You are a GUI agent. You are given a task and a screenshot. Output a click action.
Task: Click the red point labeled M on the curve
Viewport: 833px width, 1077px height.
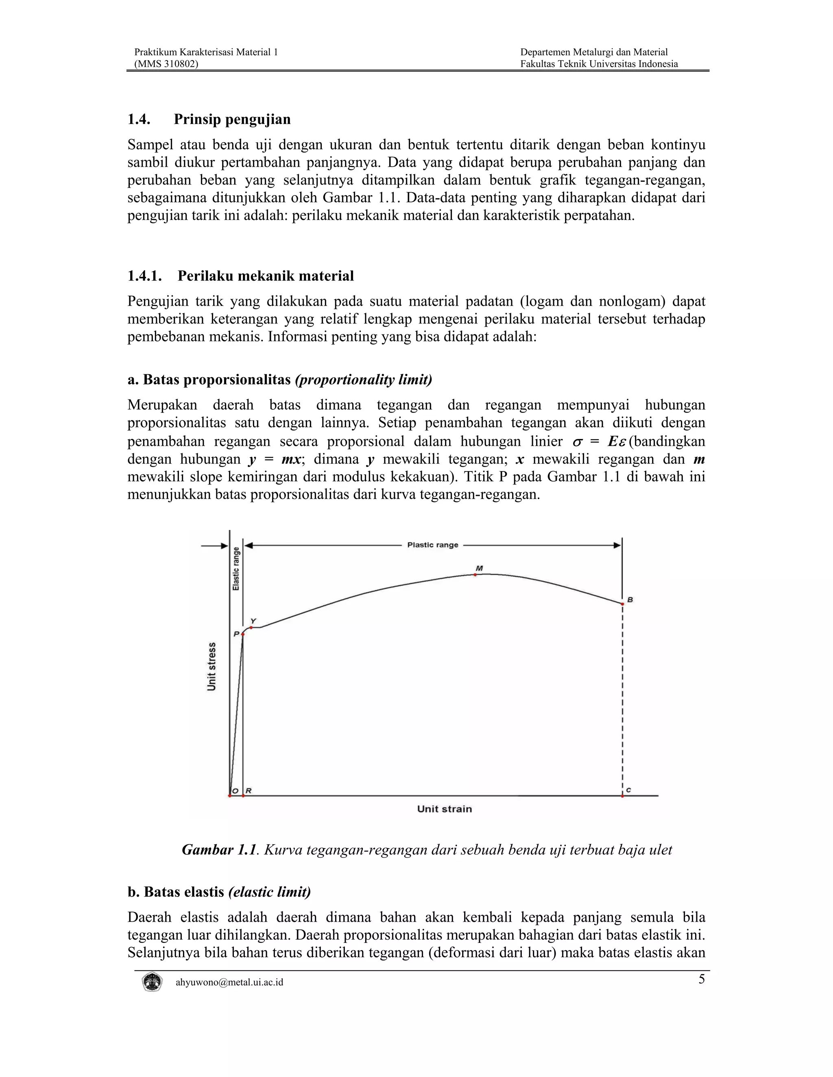(x=475, y=575)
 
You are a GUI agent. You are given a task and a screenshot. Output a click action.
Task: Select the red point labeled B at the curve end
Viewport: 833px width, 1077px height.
(x=622, y=604)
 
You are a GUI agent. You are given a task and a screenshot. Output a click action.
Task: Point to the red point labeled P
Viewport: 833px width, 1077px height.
(x=243, y=634)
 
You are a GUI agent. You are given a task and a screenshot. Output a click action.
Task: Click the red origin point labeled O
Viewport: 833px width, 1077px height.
(x=229, y=796)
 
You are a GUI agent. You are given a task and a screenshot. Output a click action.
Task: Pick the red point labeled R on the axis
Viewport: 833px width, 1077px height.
(x=243, y=796)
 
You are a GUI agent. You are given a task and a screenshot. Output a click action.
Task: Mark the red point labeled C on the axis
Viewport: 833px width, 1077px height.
(x=622, y=796)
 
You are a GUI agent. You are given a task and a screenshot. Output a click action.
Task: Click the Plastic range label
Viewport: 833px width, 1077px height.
(x=432, y=545)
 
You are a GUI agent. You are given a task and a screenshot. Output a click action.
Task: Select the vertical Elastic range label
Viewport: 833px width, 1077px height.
(x=236, y=569)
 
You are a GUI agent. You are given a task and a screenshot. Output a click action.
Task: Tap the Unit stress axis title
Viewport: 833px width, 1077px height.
(x=212, y=667)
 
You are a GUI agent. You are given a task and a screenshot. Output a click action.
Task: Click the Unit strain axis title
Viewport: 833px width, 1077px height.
(x=444, y=809)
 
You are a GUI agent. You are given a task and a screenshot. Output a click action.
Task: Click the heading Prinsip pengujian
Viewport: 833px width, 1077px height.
(x=232, y=119)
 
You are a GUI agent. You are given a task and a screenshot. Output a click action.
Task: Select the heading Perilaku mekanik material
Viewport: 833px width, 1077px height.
(x=266, y=276)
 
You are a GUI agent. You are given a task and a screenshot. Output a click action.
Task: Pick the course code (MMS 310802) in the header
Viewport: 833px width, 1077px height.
(x=167, y=64)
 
